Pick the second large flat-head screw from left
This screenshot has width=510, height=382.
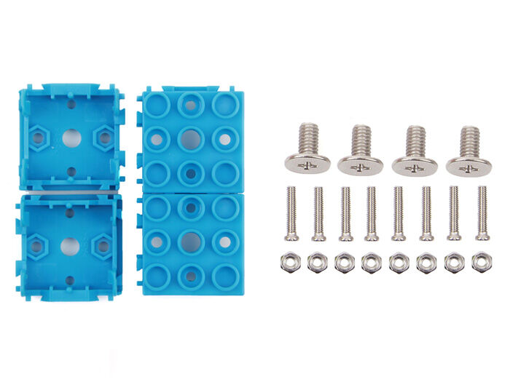(360, 151)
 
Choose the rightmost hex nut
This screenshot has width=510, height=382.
(481, 262)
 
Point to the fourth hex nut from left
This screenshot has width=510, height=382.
(371, 262)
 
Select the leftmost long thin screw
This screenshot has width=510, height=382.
(291, 213)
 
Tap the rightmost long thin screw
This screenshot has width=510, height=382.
(482, 213)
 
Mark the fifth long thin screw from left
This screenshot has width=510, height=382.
(399, 213)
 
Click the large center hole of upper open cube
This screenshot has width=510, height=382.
(71, 137)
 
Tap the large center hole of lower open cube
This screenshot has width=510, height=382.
(70, 246)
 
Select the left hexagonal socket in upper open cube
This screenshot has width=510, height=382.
(38, 136)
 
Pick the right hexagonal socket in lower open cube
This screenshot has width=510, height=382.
(103, 246)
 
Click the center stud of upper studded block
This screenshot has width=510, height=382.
(189, 138)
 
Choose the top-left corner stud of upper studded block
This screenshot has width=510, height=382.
(157, 104)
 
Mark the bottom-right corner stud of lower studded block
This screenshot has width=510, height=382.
(224, 275)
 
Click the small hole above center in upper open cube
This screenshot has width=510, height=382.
(71, 104)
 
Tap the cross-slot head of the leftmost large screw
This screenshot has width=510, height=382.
(307, 165)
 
